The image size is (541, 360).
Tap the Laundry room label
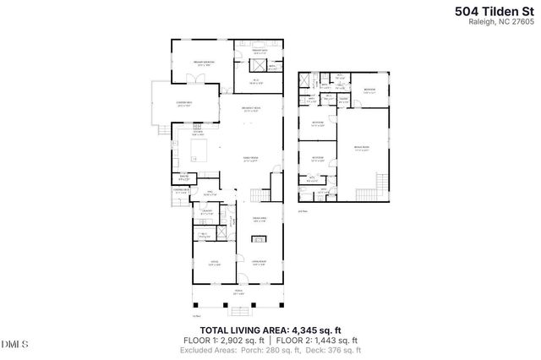coord(207,214)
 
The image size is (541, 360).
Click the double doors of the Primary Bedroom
coord(194,79)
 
